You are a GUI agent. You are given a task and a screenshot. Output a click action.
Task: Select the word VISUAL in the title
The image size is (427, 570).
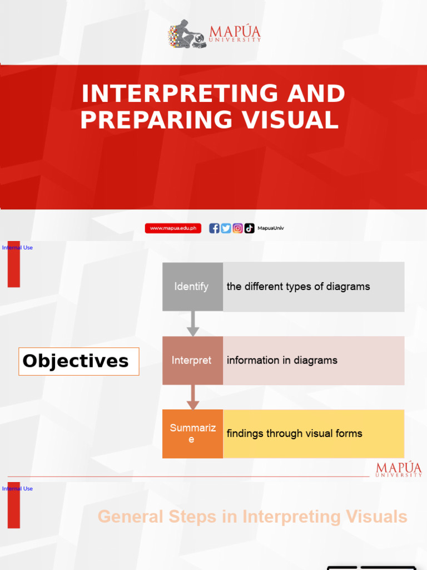point(295,120)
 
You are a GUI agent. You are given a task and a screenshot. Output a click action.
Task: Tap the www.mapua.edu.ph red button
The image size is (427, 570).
point(173,228)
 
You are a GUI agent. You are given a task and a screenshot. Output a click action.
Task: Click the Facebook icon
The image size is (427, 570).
point(214,228)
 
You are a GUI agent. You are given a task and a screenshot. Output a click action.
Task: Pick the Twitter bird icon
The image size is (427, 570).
point(226,228)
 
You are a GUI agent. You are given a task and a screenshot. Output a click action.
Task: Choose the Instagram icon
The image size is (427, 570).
point(237,228)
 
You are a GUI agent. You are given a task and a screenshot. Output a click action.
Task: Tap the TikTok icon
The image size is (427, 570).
point(249,228)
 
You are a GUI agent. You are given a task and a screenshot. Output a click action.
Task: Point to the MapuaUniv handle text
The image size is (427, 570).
point(271,228)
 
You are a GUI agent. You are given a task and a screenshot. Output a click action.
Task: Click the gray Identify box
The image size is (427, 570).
point(192,287)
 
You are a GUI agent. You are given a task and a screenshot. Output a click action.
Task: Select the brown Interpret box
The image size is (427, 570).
point(192,360)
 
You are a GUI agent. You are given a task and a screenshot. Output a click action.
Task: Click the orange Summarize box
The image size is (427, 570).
point(192,434)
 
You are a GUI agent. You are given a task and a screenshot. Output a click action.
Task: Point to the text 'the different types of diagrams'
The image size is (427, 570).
point(298,287)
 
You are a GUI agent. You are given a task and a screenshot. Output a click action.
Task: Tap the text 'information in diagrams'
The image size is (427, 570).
point(282,360)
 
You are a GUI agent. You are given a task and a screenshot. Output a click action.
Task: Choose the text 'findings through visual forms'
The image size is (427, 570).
point(294,434)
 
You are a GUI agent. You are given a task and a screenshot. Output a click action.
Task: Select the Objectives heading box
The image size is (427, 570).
point(78,361)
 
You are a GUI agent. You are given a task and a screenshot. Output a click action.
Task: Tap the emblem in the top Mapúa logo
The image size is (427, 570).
point(186,35)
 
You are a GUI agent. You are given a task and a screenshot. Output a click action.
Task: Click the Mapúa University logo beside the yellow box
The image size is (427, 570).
point(399,469)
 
